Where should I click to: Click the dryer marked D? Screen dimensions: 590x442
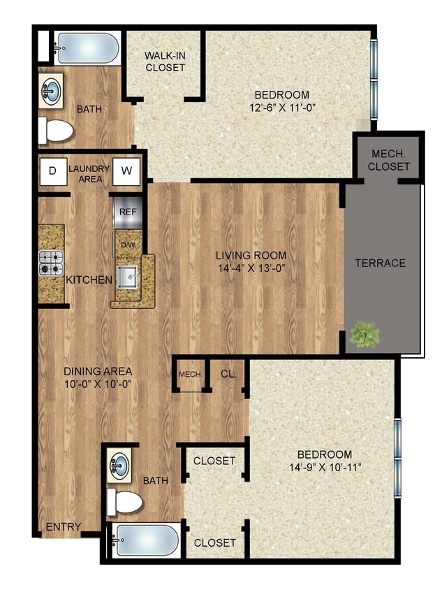pyautogui.click(x=52, y=170)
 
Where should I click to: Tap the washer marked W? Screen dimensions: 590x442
pyautogui.click(x=127, y=170)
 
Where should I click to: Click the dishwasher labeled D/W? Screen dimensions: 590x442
pyautogui.click(x=128, y=244)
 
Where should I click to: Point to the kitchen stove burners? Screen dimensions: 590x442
pyautogui.click(x=51, y=263)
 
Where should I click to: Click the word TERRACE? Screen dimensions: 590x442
pyautogui.click(x=380, y=263)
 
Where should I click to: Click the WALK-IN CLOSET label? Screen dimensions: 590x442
pyautogui.click(x=165, y=62)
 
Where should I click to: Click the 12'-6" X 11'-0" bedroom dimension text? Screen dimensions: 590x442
pyautogui.click(x=281, y=108)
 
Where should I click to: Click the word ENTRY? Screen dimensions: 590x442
pyautogui.click(x=64, y=526)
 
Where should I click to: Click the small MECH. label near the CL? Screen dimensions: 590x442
pyautogui.click(x=190, y=374)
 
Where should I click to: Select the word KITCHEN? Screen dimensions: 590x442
pyautogui.click(x=89, y=280)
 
